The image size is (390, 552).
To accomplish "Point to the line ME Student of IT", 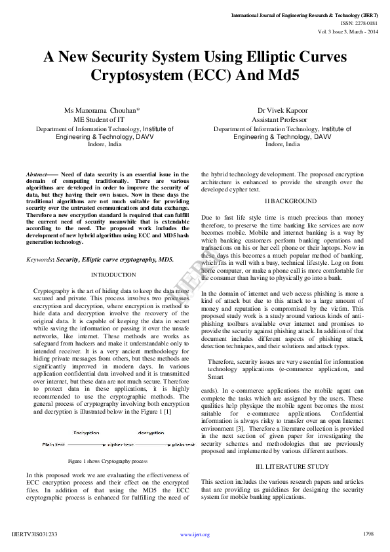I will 98,119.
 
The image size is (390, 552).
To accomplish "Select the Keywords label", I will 40,260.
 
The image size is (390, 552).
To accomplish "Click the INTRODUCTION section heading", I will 113,274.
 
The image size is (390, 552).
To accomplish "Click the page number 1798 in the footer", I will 368,534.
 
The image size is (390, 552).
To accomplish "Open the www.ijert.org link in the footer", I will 195,535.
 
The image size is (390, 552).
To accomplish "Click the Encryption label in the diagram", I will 87,433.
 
